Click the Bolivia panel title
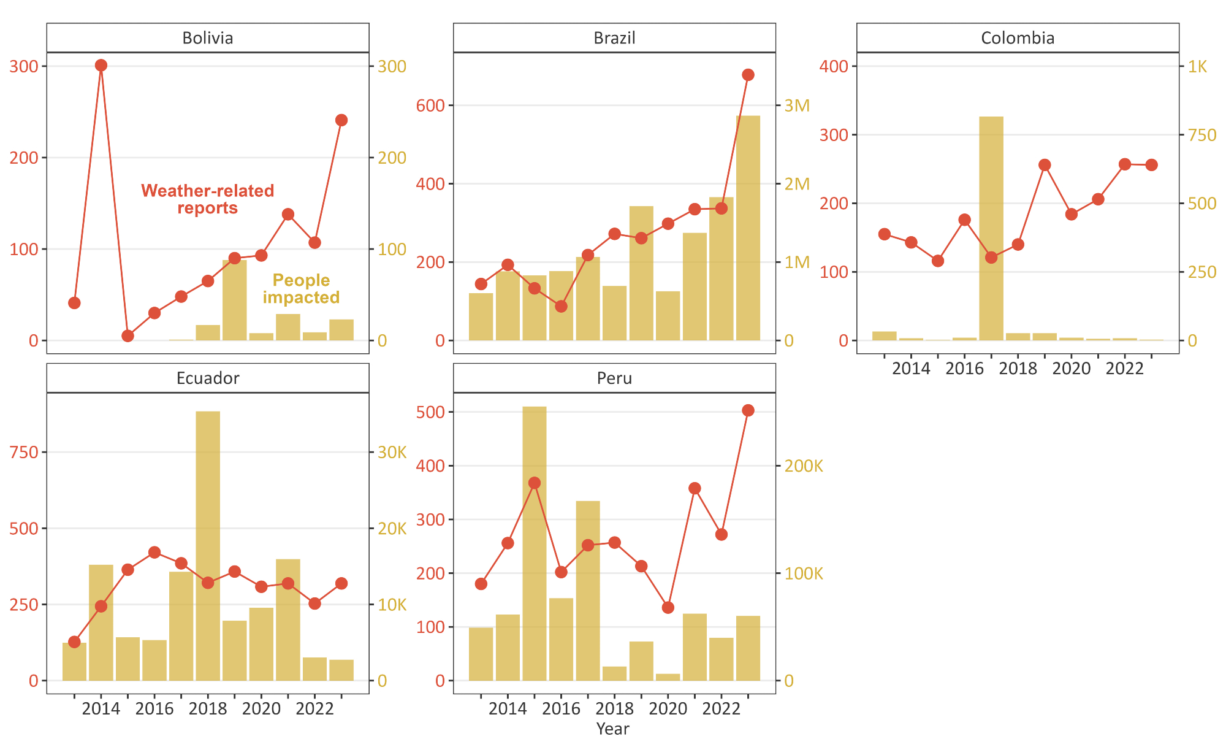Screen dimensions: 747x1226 (x=208, y=38)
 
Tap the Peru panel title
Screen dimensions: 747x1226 (x=614, y=378)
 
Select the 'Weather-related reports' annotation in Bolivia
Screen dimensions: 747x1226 (x=208, y=199)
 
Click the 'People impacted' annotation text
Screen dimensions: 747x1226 (x=301, y=289)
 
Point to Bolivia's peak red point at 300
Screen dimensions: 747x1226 (x=101, y=66)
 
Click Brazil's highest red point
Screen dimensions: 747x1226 (x=748, y=75)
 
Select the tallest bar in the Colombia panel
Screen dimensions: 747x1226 (x=991, y=228)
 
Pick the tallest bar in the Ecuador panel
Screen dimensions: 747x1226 (x=208, y=546)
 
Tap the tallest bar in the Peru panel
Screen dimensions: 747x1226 (x=535, y=543)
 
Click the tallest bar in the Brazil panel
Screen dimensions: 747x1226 (x=748, y=228)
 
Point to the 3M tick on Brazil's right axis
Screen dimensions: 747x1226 (x=797, y=105)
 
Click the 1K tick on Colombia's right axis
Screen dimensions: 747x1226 (x=1197, y=66)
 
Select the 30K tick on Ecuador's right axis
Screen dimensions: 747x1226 (x=392, y=453)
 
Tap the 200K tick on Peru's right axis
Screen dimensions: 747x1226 (x=804, y=466)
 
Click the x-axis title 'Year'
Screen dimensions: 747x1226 (x=612, y=729)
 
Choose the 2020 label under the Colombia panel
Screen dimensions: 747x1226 (x=1072, y=369)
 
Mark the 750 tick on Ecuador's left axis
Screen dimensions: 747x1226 (x=25, y=453)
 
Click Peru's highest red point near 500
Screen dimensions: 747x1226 (x=748, y=410)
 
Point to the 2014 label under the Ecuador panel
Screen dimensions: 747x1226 (x=101, y=709)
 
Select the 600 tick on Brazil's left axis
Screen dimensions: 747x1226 (x=430, y=105)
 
